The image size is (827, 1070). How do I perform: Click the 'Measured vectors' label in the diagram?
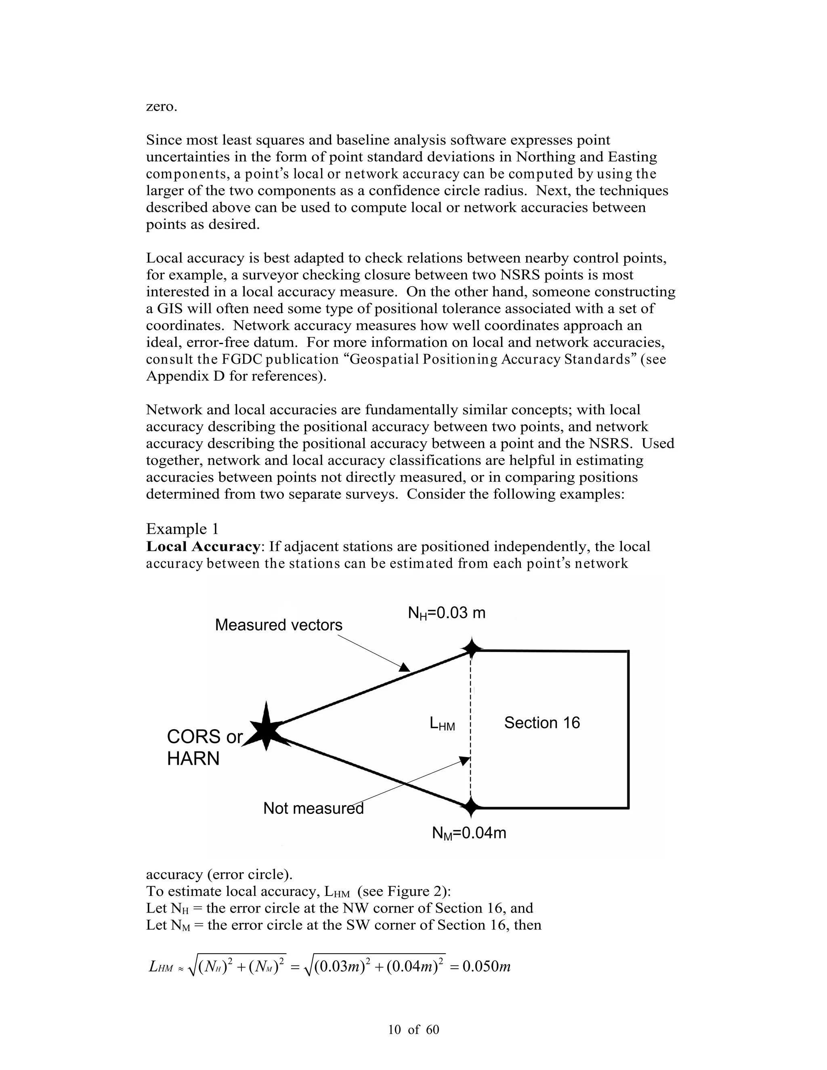click(x=278, y=625)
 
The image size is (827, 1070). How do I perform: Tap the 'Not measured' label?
click(x=313, y=808)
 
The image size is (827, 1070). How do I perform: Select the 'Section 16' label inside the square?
click(x=542, y=723)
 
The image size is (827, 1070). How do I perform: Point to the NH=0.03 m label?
click(x=446, y=613)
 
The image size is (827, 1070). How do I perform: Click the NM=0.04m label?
click(x=469, y=833)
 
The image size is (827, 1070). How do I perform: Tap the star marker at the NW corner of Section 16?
click(x=471, y=649)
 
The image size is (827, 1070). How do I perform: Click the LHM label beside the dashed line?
click(x=442, y=724)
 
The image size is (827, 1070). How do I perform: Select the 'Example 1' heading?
click(x=182, y=529)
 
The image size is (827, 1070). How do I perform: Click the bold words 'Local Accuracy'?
click(x=203, y=547)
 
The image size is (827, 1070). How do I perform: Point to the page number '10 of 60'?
click(x=413, y=1030)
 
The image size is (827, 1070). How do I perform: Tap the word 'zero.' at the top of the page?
click(x=161, y=106)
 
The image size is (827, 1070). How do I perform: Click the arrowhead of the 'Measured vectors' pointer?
click(x=405, y=667)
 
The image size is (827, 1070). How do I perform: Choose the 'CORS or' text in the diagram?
click(x=204, y=737)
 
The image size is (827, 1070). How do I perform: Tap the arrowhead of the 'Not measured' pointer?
click(x=464, y=759)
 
